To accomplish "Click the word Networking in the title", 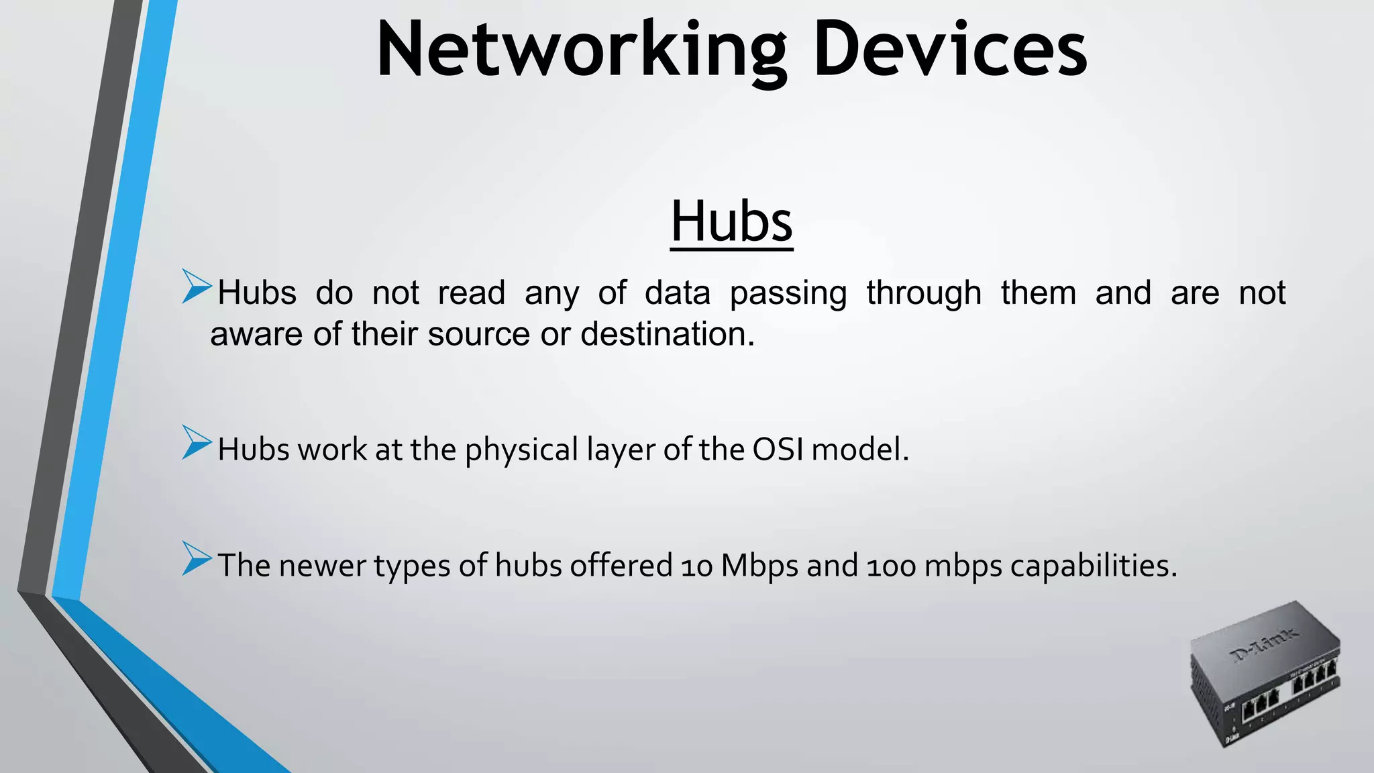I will click(x=581, y=50).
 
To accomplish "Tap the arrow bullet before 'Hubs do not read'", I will click(x=197, y=287).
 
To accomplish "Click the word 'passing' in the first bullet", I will click(x=788, y=294).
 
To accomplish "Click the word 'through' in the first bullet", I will click(x=924, y=294).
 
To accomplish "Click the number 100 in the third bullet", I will click(x=891, y=566).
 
